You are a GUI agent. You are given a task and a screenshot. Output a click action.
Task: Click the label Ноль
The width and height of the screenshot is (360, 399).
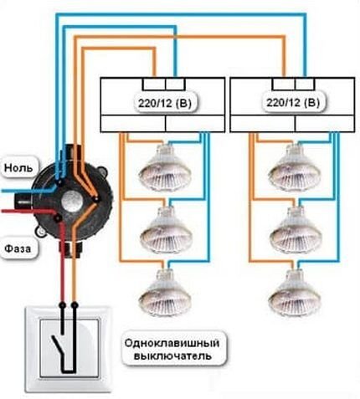[18, 167]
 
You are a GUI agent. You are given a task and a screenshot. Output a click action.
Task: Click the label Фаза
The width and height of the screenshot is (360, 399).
[18, 248]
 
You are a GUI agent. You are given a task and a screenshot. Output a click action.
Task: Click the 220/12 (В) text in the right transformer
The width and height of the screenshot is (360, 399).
[291, 103]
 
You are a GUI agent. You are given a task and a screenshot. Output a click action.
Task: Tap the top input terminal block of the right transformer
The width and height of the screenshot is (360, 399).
[291, 84]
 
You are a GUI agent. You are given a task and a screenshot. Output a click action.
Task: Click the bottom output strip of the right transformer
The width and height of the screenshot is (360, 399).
[291, 123]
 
